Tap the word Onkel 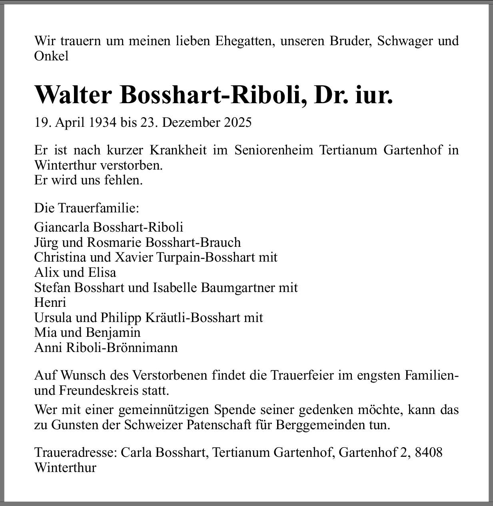pyautogui.click(x=51, y=56)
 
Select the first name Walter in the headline pyautogui.click(x=73, y=95)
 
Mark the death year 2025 pyautogui.click(x=238, y=122)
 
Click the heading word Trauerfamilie pyautogui.click(x=98, y=208)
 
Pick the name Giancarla pyautogui.click(x=62, y=227)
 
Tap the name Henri pyautogui.click(x=50, y=302)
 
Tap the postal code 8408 pyautogui.click(x=429, y=452)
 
